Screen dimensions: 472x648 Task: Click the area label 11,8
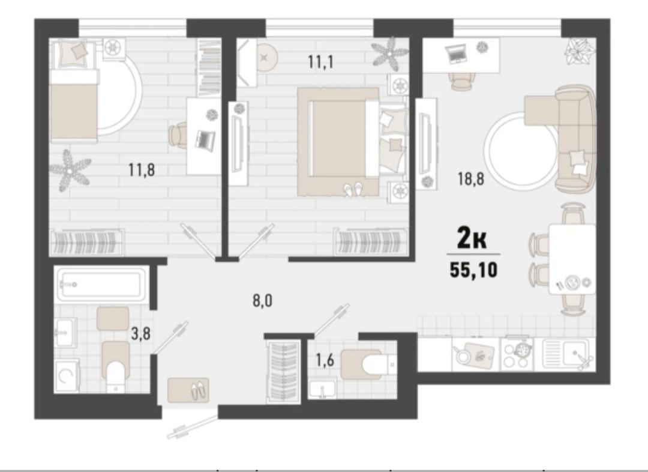(x=141, y=170)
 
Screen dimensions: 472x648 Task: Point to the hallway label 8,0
(x=262, y=300)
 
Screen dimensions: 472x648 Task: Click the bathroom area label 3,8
(x=140, y=334)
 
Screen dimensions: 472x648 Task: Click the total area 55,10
(x=474, y=270)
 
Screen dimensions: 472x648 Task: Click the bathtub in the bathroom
(x=100, y=285)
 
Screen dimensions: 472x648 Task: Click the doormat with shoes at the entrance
(x=188, y=390)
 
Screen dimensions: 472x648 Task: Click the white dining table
(x=572, y=259)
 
